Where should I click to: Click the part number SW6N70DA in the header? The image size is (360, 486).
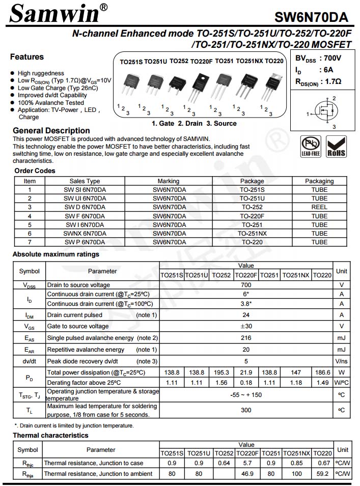click(311, 18)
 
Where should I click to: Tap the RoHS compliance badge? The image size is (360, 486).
click(336, 147)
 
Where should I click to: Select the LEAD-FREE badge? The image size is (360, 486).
click(311, 147)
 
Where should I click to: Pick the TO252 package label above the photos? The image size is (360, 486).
click(179, 62)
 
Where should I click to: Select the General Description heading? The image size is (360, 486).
click(51, 131)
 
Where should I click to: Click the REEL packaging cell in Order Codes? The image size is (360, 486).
click(319, 207)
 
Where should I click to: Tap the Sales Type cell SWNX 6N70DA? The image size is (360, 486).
click(85, 234)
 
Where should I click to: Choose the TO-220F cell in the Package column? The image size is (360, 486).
click(252, 216)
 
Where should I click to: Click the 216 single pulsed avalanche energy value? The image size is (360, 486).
click(246, 338)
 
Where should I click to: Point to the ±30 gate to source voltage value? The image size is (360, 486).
click(246, 326)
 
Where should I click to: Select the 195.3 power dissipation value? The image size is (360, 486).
click(221, 373)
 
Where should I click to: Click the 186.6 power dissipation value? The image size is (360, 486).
click(322, 373)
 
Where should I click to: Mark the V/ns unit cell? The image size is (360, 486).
click(342, 361)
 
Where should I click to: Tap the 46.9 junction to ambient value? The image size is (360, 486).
click(246, 474)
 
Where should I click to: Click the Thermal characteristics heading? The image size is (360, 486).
click(50, 436)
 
